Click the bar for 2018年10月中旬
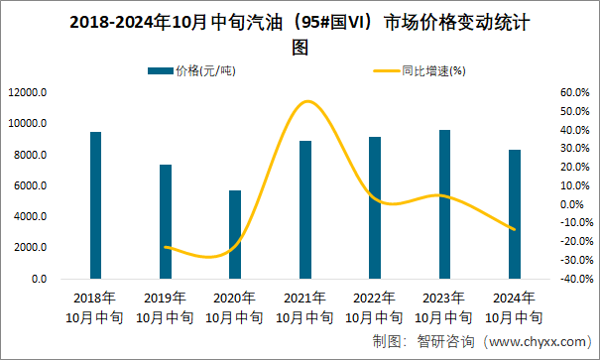(x=95, y=205)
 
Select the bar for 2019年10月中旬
(x=166, y=221)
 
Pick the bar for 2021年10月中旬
(x=304, y=209)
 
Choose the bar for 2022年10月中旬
(x=374, y=207)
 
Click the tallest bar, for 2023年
(x=444, y=204)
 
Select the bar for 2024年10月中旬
(x=514, y=214)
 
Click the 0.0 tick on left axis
(x=38, y=280)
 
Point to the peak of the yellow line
(x=307, y=101)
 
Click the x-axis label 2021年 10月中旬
(x=304, y=307)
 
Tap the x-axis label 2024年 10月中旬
(x=514, y=307)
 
